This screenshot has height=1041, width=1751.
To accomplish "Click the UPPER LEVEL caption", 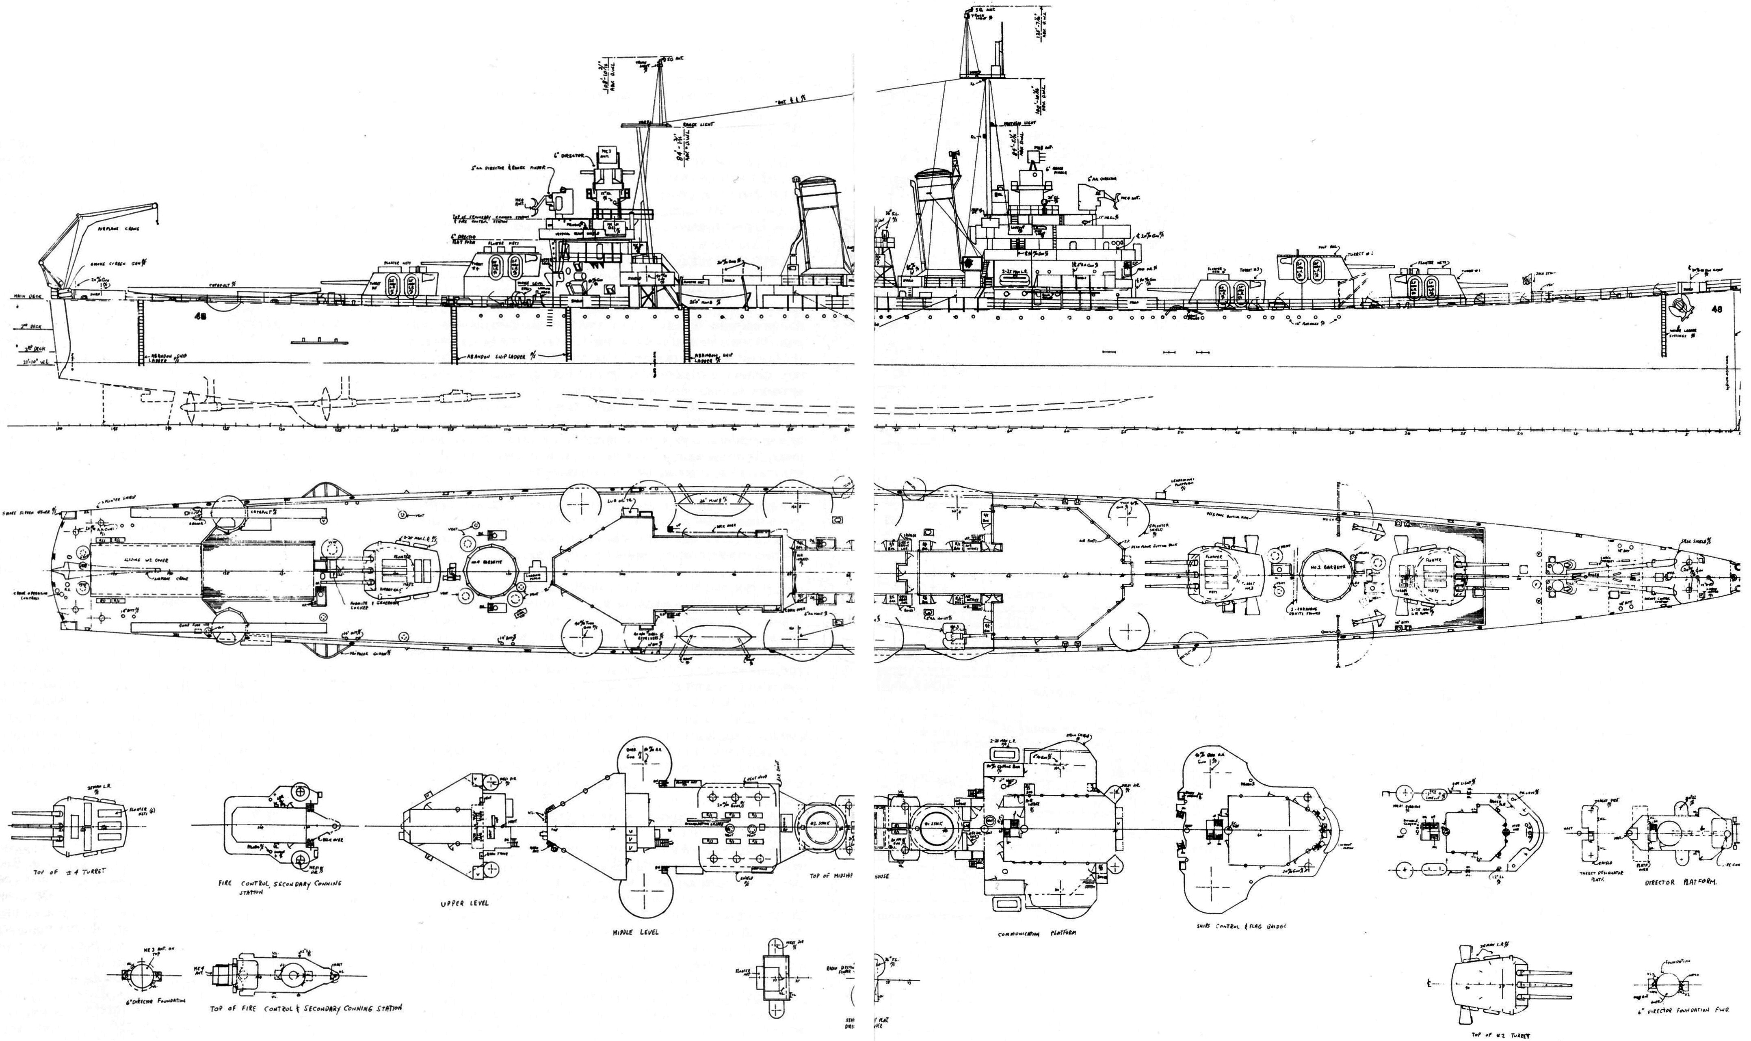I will tap(464, 903).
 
